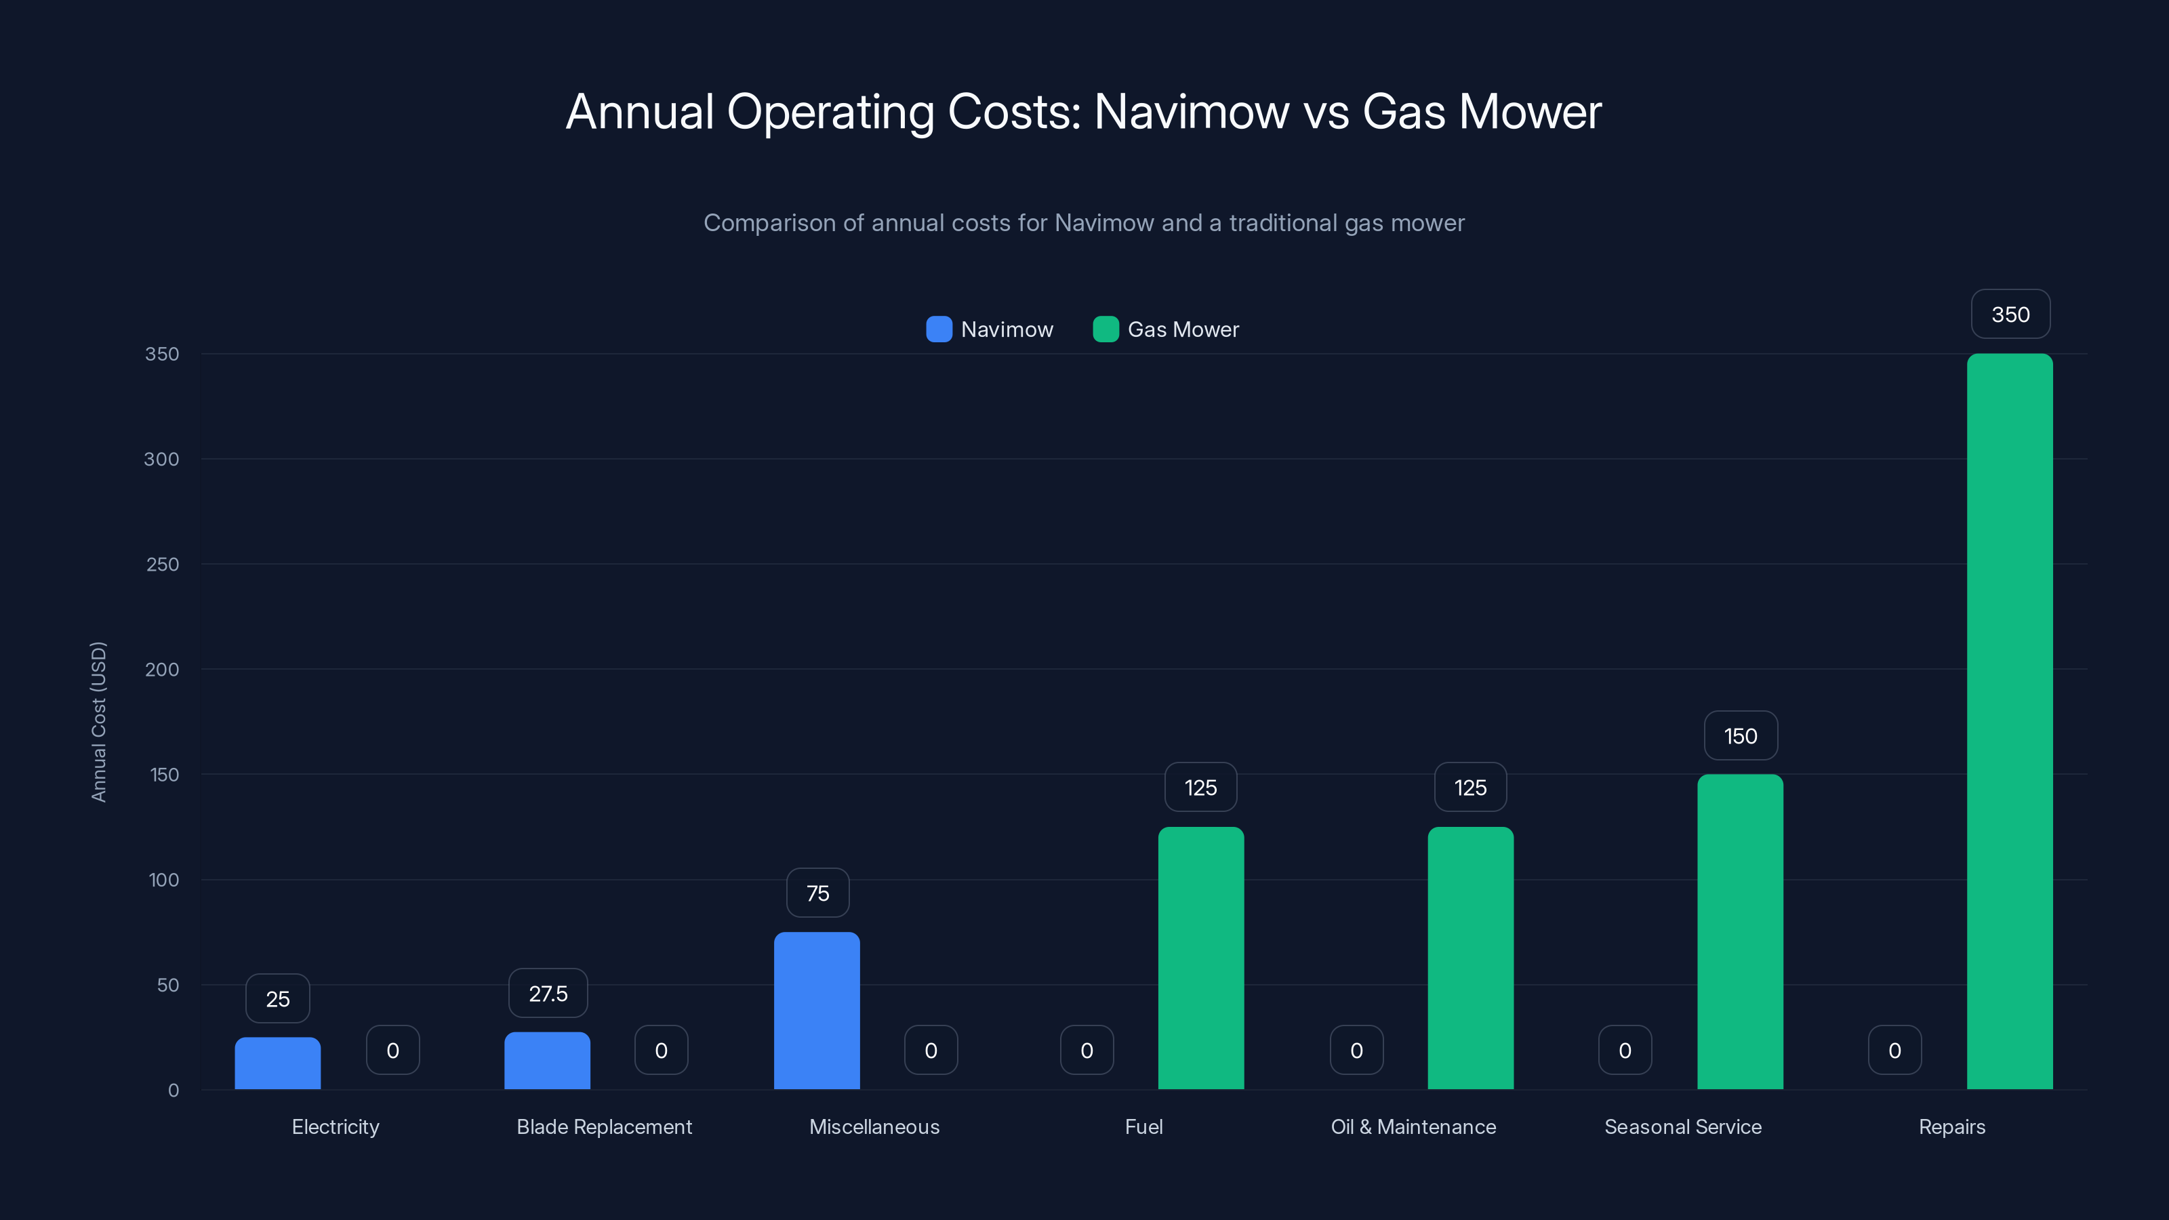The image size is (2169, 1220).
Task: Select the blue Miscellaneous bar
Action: (x=817, y=1011)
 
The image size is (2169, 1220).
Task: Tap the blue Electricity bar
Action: (x=277, y=1063)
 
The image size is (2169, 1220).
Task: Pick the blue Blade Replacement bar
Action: (x=547, y=1060)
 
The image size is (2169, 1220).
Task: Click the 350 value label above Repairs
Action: (x=2010, y=314)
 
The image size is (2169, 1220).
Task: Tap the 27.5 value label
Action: (x=548, y=994)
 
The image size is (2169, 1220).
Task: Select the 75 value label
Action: (x=817, y=893)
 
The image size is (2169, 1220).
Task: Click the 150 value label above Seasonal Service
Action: (x=1741, y=736)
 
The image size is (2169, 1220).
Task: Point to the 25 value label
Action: (x=278, y=998)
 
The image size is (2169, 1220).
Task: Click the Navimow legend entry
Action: (x=990, y=329)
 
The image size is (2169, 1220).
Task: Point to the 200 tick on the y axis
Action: (x=162, y=670)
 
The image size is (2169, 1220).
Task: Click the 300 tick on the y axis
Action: (x=162, y=459)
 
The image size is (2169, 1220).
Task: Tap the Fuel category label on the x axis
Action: (x=1143, y=1126)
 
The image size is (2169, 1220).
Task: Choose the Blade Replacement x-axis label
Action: (x=605, y=1126)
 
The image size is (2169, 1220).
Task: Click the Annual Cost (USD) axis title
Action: (x=98, y=722)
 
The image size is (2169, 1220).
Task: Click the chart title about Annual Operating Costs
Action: (x=1084, y=111)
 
